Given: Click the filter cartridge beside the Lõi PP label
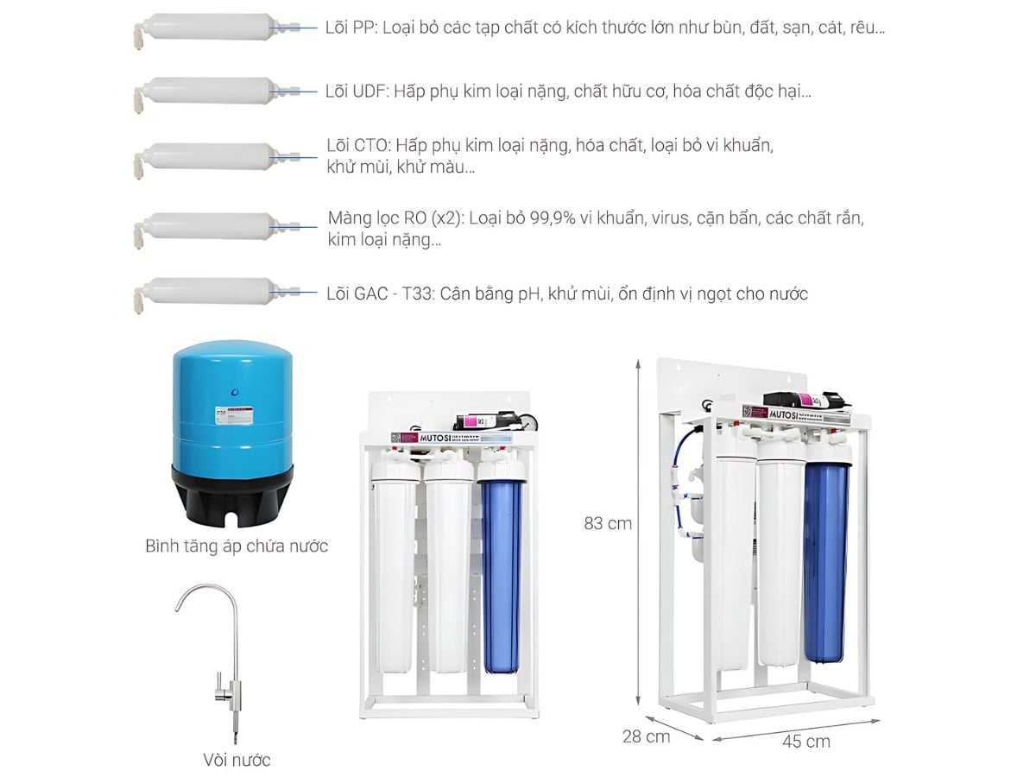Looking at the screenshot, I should click(x=207, y=28).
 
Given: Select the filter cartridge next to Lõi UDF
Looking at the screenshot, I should click(x=207, y=91).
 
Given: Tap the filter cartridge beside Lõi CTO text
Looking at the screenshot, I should click(x=207, y=156).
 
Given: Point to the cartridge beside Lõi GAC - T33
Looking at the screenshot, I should click(x=207, y=293).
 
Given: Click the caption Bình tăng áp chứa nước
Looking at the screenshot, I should click(x=237, y=546).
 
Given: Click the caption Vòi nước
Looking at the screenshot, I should click(x=237, y=760).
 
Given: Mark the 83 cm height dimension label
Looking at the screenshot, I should click(x=608, y=523).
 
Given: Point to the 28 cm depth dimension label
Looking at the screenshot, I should click(x=647, y=736).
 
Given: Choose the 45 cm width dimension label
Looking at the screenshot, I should click(x=806, y=741).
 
